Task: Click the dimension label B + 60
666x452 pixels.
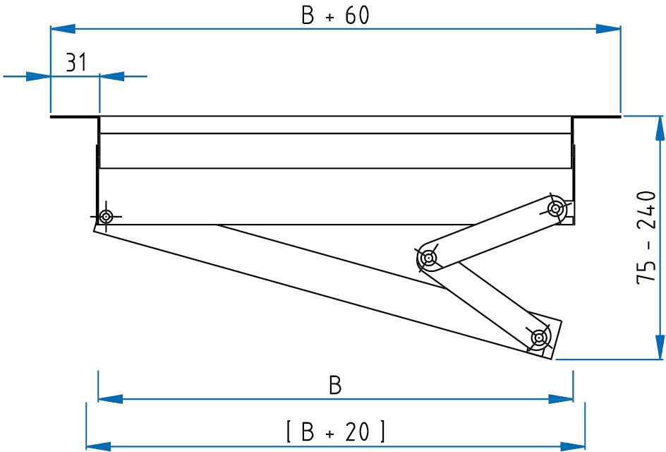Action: [x=335, y=16]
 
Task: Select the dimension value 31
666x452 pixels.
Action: [x=76, y=63]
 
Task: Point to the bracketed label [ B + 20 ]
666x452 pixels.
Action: [x=335, y=431]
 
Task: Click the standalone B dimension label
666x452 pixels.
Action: [x=335, y=386]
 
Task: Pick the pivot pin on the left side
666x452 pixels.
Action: [x=106, y=216]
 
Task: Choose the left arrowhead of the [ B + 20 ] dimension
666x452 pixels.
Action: [x=98, y=446]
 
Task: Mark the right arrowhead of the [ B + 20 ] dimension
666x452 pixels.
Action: [x=573, y=446]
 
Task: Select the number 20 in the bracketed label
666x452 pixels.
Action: [x=358, y=431]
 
